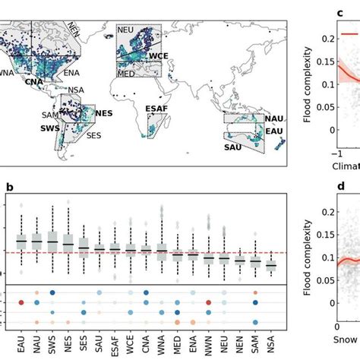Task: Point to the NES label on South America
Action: (103, 113)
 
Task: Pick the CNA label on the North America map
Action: (33, 81)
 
